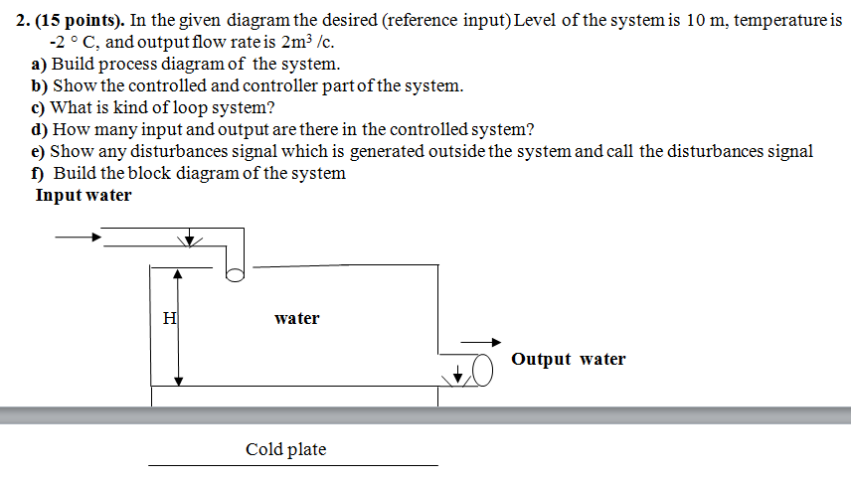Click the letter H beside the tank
170,319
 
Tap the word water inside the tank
296,319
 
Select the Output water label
568,360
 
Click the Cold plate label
285,450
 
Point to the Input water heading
84,196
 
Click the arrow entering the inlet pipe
79,238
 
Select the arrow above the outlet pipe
486,341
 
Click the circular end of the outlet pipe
483,372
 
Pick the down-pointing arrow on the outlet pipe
458,374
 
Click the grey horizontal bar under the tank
425,414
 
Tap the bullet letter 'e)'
40,152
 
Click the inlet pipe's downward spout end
235,273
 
